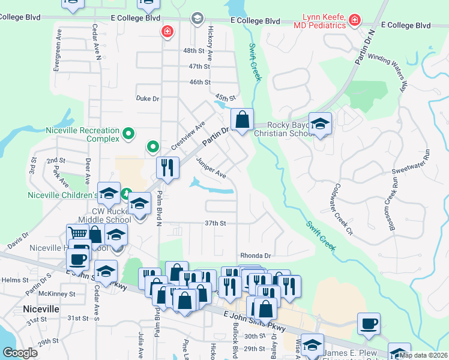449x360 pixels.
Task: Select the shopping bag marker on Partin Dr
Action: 242,119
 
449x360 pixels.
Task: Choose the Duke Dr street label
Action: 148,98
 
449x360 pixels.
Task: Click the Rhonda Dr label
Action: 256,255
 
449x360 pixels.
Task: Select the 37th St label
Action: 215,223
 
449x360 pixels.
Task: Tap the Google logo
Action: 20,353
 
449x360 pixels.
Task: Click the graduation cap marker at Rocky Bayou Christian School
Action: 321,124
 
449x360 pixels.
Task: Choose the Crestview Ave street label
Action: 188,136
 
